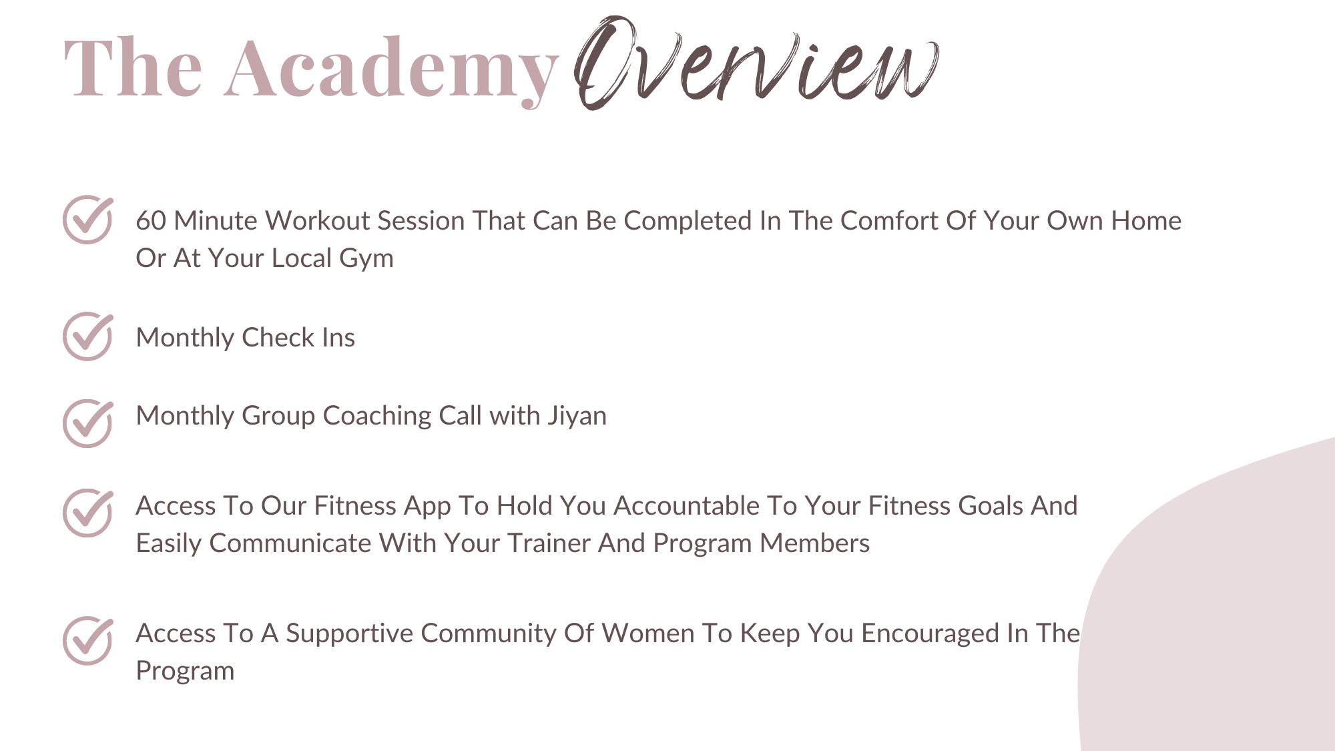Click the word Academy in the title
(x=392, y=70)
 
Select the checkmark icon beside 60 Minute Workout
(x=88, y=219)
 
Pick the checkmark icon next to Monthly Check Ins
(x=88, y=336)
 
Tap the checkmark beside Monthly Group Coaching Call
(x=88, y=423)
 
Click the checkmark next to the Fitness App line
(x=88, y=513)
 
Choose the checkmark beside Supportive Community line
(x=88, y=640)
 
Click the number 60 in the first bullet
(x=151, y=221)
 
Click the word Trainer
(x=549, y=543)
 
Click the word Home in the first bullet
(x=1146, y=221)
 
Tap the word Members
(x=814, y=543)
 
